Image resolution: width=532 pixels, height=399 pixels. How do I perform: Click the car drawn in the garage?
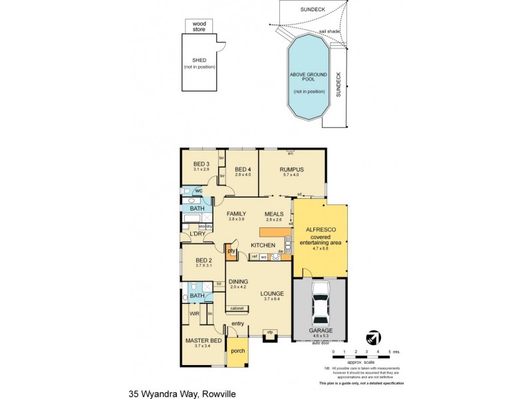[321, 303]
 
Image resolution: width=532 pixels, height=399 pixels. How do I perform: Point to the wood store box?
[199, 26]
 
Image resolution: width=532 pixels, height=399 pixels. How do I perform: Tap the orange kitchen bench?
[273, 232]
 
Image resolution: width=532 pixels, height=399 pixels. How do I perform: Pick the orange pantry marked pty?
[232, 251]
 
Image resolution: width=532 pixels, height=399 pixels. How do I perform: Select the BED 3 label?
[201, 164]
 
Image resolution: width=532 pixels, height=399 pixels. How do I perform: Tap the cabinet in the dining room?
[237, 309]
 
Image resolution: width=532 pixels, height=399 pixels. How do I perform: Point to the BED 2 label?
[203, 260]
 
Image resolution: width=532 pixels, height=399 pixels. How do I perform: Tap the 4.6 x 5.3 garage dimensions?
[321, 336]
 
